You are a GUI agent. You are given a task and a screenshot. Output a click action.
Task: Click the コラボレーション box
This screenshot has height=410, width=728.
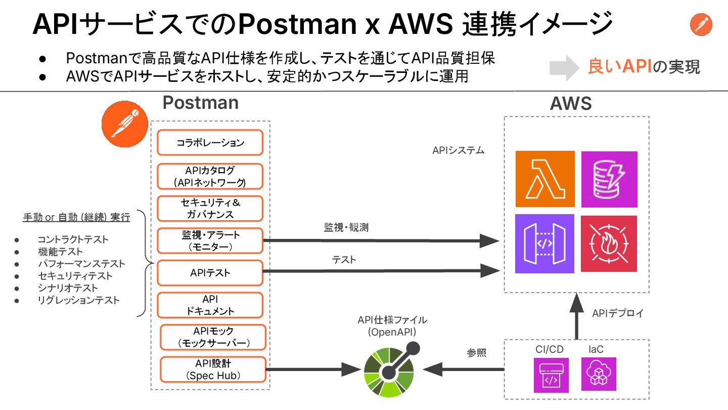click(x=210, y=143)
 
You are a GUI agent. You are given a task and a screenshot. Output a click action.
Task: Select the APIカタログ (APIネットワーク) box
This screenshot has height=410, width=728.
click(x=210, y=176)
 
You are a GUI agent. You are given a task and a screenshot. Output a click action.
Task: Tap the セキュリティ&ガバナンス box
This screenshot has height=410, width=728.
click(x=210, y=209)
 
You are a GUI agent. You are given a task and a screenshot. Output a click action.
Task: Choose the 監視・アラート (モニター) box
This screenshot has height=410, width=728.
click(x=210, y=241)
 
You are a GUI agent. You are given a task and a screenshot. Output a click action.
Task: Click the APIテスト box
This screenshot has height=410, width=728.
click(x=210, y=273)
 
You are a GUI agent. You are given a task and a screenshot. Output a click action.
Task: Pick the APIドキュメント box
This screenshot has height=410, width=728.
click(x=210, y=305)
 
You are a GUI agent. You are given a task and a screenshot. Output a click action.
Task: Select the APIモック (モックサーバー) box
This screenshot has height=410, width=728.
click(x=213, y=337)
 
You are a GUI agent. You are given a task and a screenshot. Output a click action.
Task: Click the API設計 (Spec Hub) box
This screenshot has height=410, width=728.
click(x=213, y=370)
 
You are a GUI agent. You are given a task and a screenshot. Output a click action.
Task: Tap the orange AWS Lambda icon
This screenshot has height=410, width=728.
click(x=545, y=179)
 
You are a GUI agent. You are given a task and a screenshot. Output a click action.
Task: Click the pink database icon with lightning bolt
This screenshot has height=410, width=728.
click(x=609, y=179)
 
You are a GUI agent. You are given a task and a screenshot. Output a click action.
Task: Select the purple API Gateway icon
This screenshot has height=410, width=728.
click(x=545, y=243)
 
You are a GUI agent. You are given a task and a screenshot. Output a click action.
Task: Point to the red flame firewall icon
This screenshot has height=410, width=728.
click(x=609, y=243)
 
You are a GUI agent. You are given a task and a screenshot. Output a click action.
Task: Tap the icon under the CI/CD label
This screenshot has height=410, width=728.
click(x=551, y=375)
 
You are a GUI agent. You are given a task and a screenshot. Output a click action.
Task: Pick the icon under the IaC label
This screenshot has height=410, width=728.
click(x=599, y=374)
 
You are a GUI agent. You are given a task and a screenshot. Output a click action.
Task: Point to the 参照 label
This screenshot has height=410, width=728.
click(x=476, y=353)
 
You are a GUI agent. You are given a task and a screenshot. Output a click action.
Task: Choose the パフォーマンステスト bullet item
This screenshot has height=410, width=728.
click(x=81, y=264)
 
